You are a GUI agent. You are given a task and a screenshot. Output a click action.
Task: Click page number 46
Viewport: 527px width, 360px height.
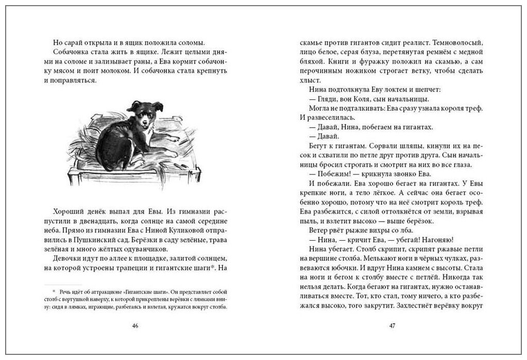(x=135, y=326)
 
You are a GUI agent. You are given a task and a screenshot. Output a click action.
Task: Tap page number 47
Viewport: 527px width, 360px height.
(x=392, y=326)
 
